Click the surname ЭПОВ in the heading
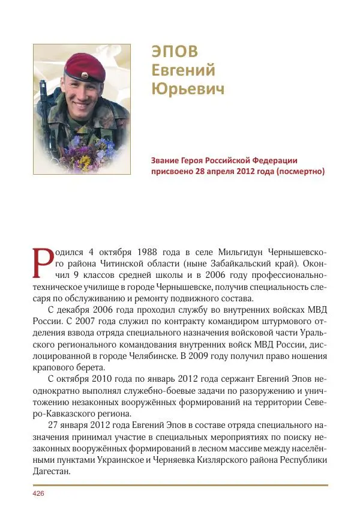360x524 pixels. point(173,51)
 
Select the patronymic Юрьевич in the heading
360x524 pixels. point(188,89)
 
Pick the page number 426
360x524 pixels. point(38,493)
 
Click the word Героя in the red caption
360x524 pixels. point(203,160)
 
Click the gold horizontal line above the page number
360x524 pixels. point(180,484)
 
